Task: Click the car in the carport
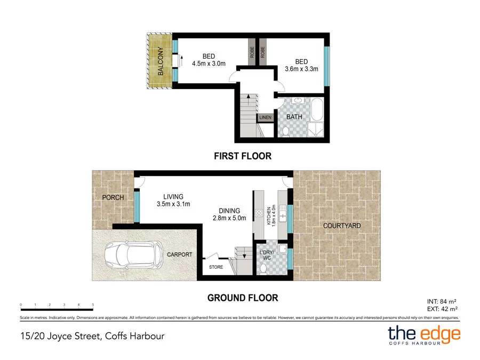[x=133, y=255]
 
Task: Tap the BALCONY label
[x=159, y=61]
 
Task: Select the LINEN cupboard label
[x=265, y=117]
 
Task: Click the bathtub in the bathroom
[x=317, y=110]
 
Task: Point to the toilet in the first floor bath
[x=285, y=131]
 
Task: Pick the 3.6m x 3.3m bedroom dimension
[x=301, y=68]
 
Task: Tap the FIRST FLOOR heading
[x=243, y=156]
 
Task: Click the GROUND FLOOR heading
[x=243, y=298]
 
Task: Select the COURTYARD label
[x=342, y=226]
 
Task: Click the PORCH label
[x=113, y=197]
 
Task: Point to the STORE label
[x=215, y=267]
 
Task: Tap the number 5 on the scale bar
[x=93, y=305]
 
